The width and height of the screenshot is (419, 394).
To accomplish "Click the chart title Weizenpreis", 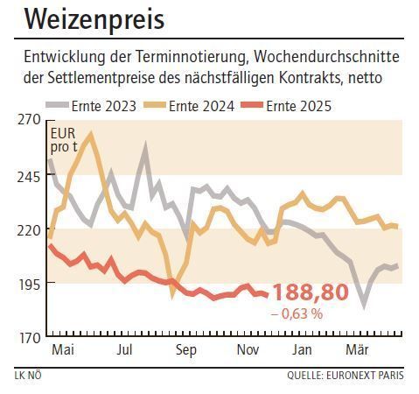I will (x=94, y=19).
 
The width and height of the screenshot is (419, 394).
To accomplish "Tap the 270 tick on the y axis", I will (x=30, y=121).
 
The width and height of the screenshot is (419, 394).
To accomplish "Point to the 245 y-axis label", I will (x=30, y=175).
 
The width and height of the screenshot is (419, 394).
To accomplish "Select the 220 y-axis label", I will (x=30, y=229).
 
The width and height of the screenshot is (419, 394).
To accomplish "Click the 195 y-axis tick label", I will (x=30, y=284).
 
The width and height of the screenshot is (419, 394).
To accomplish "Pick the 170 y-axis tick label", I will (x=30, y=337).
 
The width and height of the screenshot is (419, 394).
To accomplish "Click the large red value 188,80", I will (x=311, y=292).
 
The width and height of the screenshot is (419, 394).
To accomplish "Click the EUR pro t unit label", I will (x=64, y=140).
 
